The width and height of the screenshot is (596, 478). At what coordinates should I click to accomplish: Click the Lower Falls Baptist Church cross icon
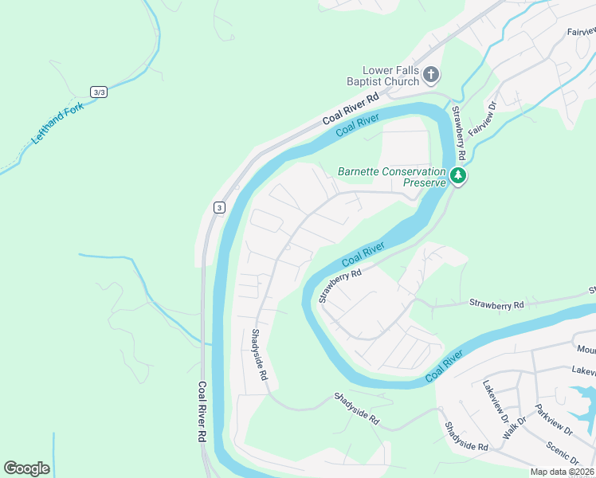(x=430, y=76)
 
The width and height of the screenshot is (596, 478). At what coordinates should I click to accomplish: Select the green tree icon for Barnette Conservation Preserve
(x=457, y=175)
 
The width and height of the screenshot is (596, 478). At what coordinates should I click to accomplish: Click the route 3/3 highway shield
(x=99, y=92)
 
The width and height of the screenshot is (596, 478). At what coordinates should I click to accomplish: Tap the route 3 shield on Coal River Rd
(x=219, y=207)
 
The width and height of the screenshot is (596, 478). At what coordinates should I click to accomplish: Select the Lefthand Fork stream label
(x=57, y=121)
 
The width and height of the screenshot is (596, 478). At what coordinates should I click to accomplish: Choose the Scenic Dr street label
(x=563, y=451)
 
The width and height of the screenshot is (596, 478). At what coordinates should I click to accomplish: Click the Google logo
(x=26, y=468)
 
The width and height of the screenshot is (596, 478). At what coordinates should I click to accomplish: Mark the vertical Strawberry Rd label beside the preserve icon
(x=460, y=131)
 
